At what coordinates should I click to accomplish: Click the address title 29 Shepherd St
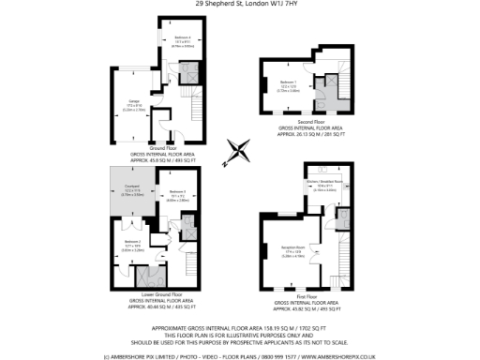coord(240,4)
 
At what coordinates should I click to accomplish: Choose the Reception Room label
coord(289,247)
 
